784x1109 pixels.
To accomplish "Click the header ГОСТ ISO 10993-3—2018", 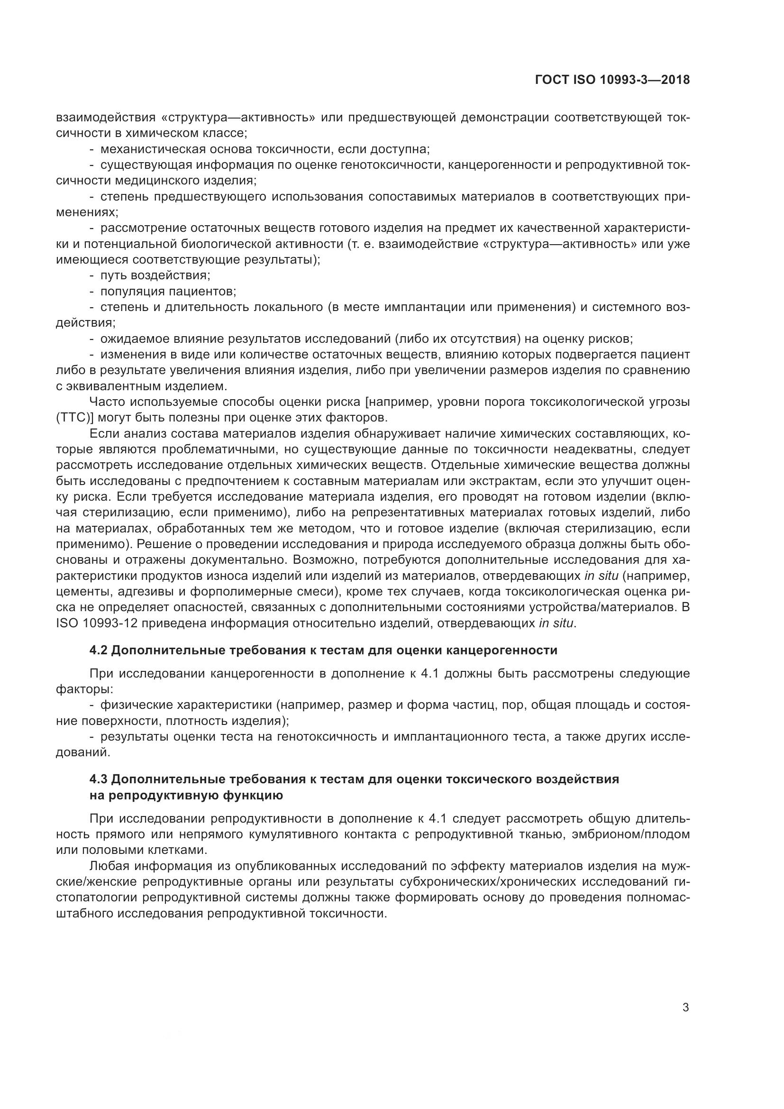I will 612,80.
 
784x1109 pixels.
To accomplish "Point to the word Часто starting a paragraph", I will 107,402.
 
